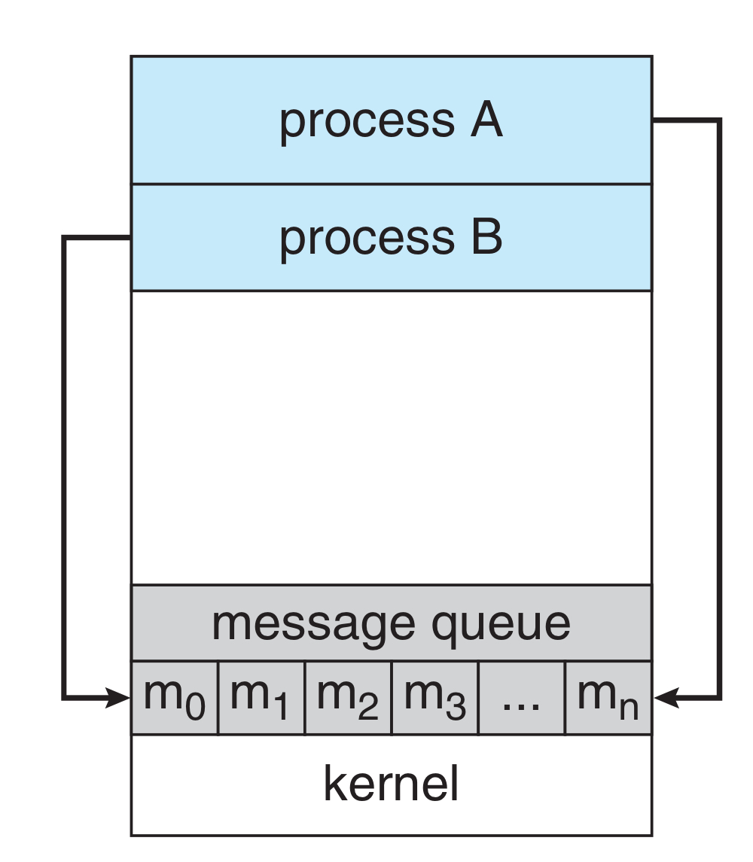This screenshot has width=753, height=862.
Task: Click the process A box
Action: tap(391, 120)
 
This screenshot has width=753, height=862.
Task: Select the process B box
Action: tap(391, 237)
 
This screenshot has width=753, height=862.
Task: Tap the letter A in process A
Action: tap(486, 120)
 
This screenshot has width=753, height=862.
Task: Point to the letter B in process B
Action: tap(486, 237)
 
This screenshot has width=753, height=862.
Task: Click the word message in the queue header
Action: tap(312, 623)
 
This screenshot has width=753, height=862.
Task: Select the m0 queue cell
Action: tap(175, 698)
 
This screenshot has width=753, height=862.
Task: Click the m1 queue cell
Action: tap(261, 698)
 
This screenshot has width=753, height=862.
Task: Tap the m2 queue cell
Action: tap(348, 698)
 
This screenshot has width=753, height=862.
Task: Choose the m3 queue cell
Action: tap(434, 698)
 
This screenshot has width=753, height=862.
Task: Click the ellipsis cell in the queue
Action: tap(521, 698)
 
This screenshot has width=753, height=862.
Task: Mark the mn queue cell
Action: tap(608, 698)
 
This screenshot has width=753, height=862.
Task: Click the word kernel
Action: tap(391, 784)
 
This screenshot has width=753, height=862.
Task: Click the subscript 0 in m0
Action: tap(195, 708)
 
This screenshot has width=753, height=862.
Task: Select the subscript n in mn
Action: tap(629, 708)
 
